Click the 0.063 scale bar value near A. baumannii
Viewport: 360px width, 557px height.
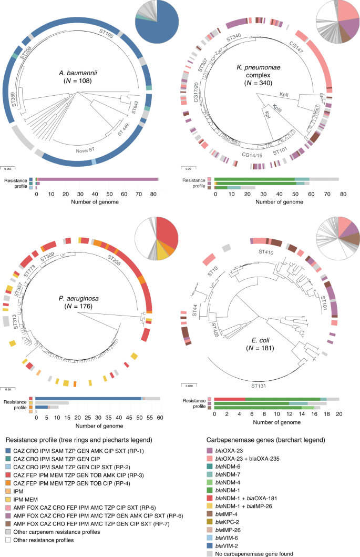click(x=8, y=168)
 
